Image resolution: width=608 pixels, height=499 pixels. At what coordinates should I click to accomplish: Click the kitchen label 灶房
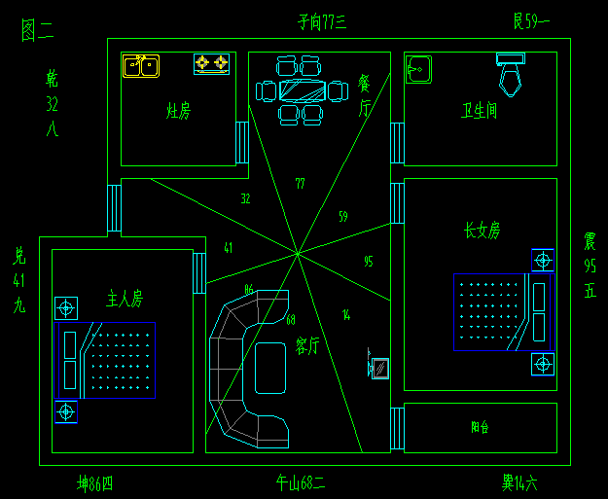[178, 110]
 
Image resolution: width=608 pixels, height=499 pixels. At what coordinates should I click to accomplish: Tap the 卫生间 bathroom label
[479, 111]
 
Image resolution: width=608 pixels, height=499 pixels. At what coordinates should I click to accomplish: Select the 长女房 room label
[482, 231]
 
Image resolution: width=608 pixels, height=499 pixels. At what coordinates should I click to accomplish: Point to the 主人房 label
[125, 297]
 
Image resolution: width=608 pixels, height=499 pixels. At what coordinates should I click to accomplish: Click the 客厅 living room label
[306, 344]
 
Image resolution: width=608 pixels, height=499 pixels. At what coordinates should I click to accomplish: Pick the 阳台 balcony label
[480, 426]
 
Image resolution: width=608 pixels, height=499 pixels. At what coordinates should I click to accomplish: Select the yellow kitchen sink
[141, 65]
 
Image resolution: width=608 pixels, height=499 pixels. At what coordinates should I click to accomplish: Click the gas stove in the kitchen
[211, 64]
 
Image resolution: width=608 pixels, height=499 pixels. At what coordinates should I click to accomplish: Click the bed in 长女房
[503, 311]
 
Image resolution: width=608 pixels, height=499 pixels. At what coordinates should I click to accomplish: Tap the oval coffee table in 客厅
[270, 367]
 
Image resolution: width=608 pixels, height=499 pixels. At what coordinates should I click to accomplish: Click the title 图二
[37, 30]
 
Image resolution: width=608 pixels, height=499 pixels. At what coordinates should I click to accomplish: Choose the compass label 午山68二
[301, 481]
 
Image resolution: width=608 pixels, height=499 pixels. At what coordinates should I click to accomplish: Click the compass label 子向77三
[322, 20]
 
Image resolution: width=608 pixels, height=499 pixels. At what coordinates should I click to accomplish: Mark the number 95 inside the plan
[368, 261]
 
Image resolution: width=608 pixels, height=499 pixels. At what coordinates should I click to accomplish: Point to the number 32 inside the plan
[245, 198]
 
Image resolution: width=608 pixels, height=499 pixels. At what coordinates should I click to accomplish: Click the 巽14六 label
[519, 481]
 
